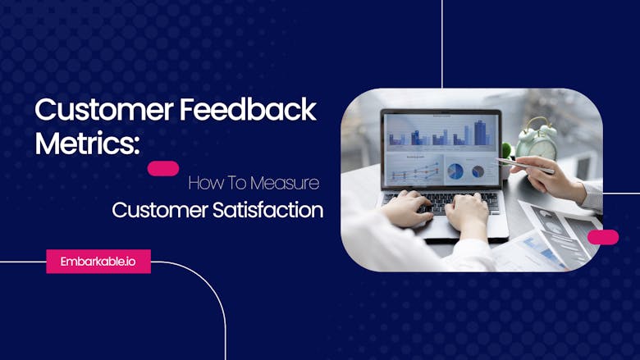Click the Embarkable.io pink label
click(x=98, y=261)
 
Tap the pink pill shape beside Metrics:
click(x=163, y=168)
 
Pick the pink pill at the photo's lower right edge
click(x=603, y=237)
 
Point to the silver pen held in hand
click(x=525, y=165)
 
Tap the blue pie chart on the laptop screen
click(x=455, y=171)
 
